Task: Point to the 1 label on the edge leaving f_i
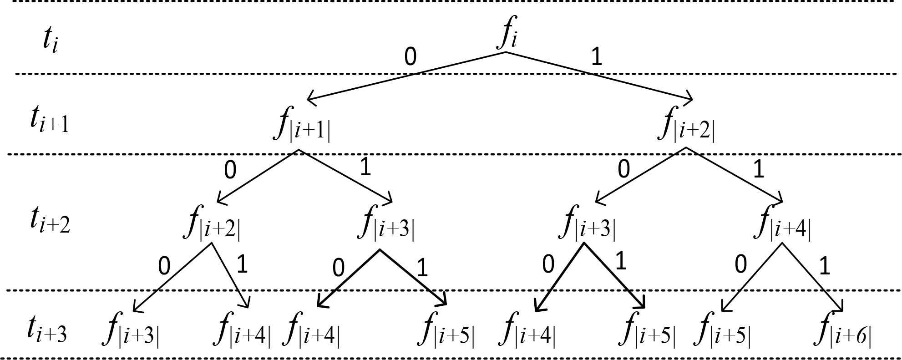[x=596, y=57]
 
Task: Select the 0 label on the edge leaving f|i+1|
[x=230, y=170]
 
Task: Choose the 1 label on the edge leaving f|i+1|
[x=365, y=167]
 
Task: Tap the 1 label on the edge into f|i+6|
[x=824, y=267]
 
